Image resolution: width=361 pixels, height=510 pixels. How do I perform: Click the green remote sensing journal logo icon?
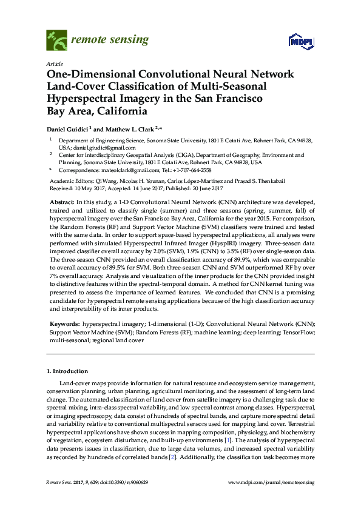(x=57, y=41)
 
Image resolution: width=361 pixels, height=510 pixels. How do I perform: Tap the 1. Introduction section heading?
(x=67, y=371)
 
